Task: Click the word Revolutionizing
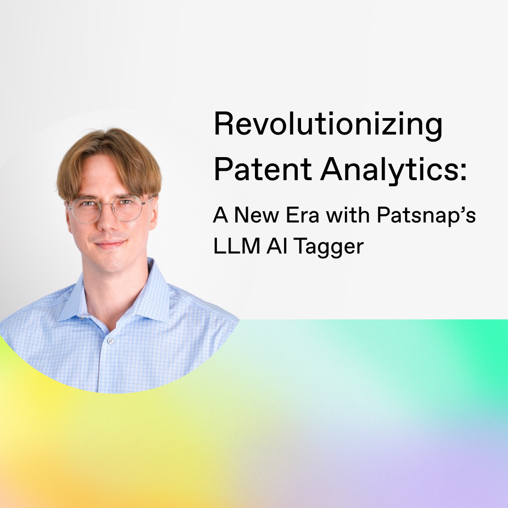[328, 126]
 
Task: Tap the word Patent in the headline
[263, 169]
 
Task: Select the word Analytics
[389, 171]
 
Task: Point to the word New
[256, 215]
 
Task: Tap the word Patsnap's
[426, 216]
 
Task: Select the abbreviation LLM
[237, 246]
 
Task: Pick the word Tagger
[329, 247]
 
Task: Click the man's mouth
[110, 244]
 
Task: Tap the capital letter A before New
[220, 215]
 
